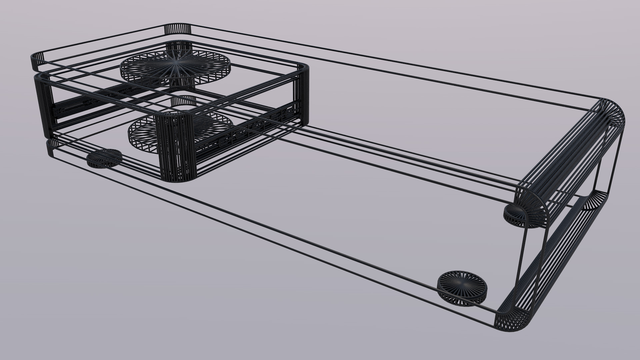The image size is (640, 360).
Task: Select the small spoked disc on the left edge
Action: tap(104, 158)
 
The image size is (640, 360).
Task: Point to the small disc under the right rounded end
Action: tap(522, 215)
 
